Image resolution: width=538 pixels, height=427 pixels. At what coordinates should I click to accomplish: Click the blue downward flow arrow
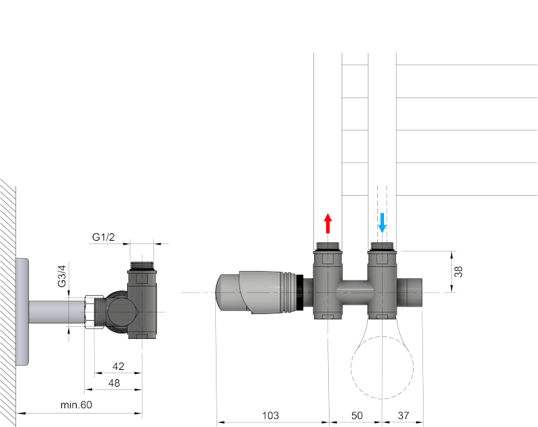click(x=382, y=223)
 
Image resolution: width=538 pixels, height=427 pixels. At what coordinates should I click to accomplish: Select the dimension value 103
click(x=270, y=416)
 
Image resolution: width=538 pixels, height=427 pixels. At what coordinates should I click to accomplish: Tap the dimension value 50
click(x=355, y=416)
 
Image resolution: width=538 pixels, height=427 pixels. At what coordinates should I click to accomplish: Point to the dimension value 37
click(x=402, y=416)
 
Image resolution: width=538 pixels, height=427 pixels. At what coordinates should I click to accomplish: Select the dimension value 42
click(x=118, y=366)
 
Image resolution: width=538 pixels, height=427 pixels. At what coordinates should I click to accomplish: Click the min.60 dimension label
click(x=75, y=404)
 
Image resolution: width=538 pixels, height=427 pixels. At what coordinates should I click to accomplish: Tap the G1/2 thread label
click(x=103, y=237)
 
